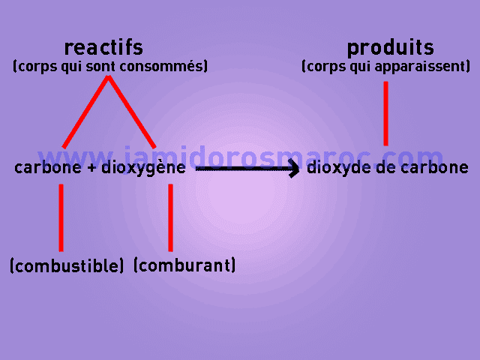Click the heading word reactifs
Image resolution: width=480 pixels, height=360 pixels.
(103, 48)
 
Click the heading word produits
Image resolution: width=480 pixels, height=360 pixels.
(390, 48)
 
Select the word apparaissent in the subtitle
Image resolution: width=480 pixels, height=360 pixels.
(427, 67)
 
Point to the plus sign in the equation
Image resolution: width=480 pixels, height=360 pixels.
(91, 168)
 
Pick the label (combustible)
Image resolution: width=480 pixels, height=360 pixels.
(67, 265)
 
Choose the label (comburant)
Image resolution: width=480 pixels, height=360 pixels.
(184, 265)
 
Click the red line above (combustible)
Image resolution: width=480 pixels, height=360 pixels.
(61, 217)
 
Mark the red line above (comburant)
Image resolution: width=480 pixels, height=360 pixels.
(170, 217)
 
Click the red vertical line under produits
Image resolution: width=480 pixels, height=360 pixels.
(385, 112)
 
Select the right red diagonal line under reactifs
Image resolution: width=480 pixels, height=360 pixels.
(132, 112)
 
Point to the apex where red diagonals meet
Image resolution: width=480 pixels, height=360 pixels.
(109, 78)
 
